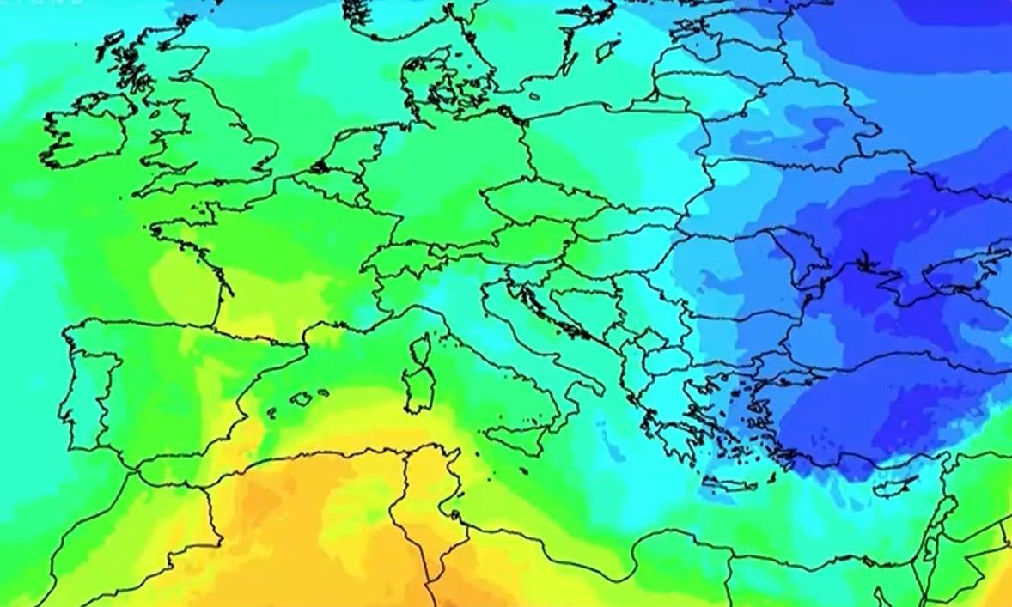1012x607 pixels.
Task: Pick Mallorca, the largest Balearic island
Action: (302, 399)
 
